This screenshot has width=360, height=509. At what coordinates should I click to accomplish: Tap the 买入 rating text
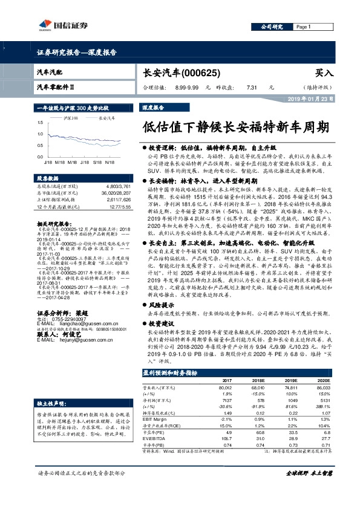(x=325, y=72)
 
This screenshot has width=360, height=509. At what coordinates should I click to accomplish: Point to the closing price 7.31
(x=252, y=86)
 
